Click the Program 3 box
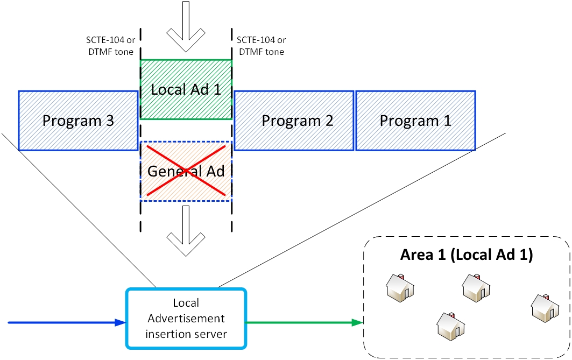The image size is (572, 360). (x=78, y=120)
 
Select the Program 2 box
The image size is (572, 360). (x=294, y=120)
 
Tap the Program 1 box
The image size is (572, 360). (x=415, y=120)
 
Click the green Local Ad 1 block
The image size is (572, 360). (x=186, y=89)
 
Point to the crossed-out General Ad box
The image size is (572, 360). (x=186, y=171)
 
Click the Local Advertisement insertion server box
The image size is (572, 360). (x=186, y=319)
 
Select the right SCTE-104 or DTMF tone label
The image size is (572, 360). (x=261, y=46)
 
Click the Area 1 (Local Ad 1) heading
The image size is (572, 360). (x=467, y=255)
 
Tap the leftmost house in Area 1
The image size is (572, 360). (x=401, y=287)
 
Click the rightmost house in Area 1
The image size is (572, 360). (x=545, y=307)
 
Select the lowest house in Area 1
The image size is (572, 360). (x=450, y=326)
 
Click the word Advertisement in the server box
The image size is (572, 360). (x=186, y=319)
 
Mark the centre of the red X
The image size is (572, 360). (x=186, y=171)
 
